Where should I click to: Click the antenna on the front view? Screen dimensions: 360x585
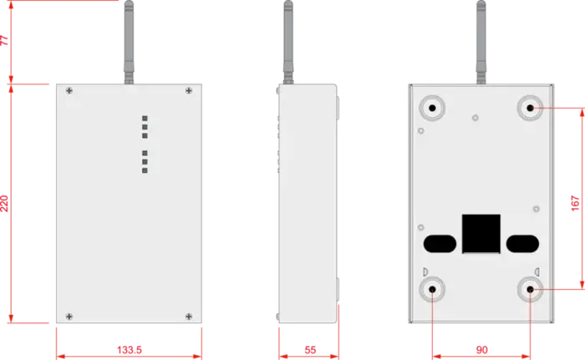click(129, 42)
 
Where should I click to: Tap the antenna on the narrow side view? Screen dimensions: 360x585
click(287, 42)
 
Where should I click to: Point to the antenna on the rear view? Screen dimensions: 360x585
click(481, 42)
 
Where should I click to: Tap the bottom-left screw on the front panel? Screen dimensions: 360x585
click(69, 315)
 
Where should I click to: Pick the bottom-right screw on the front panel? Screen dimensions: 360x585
click(190, 315)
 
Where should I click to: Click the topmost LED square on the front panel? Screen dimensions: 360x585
click(145, 119)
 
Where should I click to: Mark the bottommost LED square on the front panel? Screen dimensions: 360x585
click(145, 170)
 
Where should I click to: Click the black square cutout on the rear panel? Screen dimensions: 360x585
click(481, 232)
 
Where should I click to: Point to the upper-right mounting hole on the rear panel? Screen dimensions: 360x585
click(528, 108)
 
